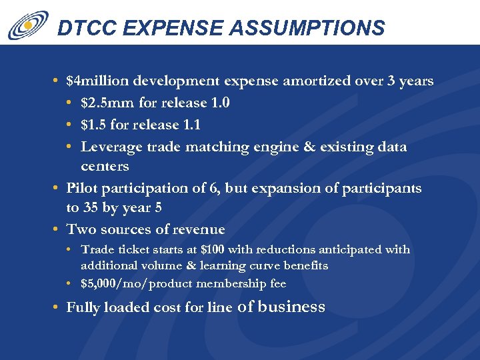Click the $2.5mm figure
click(105, 103)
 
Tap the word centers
click(105, 166)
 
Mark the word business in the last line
click(291, 307)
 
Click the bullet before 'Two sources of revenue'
click(57, 229)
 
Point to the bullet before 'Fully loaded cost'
click(57, 307)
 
